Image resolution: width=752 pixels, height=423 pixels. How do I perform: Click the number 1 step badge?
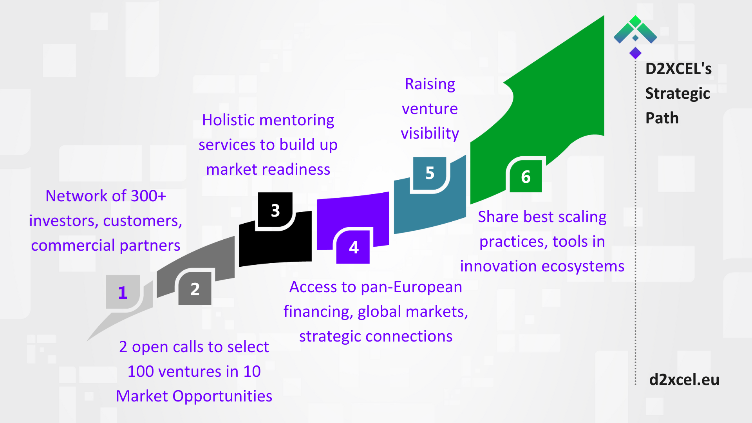click(x=123, y=292)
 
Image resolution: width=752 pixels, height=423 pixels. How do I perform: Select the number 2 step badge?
click(x=195, y=289)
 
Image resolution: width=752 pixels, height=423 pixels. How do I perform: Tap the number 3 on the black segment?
click(x=275, y=210)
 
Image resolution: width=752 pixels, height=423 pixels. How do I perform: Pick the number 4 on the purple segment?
click(x=354, y=247)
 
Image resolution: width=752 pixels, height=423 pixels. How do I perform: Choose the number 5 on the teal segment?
click(x=430, y=173)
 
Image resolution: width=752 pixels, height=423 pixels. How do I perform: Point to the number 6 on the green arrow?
click(x=526, y=177)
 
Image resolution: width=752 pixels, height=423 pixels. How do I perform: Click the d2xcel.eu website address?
click(x=684, y=380)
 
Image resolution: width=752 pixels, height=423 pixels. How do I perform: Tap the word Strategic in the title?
click(x=678, y=94)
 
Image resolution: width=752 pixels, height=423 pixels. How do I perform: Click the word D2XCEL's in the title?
click(x=678, y=69)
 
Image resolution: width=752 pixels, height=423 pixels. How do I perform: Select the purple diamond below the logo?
click(x=635, y=53)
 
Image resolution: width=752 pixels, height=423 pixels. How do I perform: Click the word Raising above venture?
click(x=430, y=84)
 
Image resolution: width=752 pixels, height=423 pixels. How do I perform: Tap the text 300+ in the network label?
click(x=148, y=196)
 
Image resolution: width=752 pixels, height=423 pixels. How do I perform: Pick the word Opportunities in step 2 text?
click(x=222, y=396)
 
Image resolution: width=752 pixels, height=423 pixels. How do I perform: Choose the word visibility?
click(x=430, y=134)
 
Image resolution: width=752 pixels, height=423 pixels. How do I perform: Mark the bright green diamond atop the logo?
click(x=635, y=21)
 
